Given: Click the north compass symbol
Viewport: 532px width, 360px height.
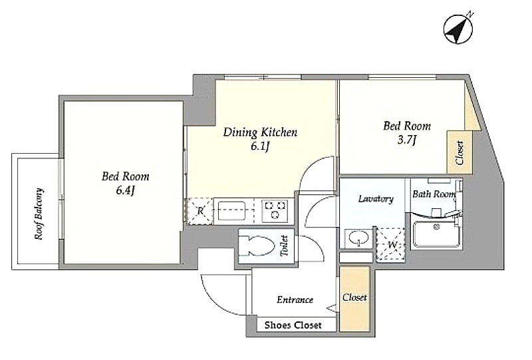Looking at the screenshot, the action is point(458,29).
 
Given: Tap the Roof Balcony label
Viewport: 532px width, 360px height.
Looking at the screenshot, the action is point(39,214).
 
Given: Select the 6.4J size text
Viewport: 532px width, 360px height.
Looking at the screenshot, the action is point(126,190).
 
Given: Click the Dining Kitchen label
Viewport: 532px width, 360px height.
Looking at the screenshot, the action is point(260,132).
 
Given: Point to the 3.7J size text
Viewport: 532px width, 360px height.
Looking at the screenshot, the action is point(406,140).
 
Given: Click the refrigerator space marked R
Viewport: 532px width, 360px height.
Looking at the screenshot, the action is point(200,211).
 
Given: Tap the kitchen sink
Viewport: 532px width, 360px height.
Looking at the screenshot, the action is point(231,211).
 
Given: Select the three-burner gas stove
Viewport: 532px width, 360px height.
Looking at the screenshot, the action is point(275,210).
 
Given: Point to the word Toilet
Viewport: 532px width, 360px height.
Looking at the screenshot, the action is point(284,246).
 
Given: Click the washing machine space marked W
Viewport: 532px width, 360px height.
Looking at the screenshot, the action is point(391,244).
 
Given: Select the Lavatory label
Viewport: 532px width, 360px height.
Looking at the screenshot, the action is point(376,199).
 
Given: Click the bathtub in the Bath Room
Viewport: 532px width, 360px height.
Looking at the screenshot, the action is point(435,234).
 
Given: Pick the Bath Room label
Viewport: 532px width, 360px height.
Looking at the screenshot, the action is point(434,194).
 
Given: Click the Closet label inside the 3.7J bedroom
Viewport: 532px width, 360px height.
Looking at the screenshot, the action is point(460,153).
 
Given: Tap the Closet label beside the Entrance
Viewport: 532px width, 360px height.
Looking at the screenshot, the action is point(354,297).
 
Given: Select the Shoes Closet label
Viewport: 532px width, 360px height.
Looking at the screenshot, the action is point(293,325).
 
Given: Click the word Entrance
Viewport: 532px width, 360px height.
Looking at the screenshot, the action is point(295,299).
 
